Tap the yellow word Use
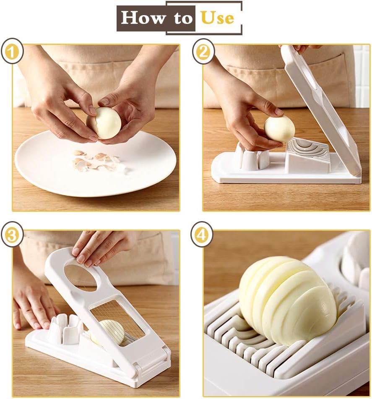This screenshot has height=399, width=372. click(217, 18)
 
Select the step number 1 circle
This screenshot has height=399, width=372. click(12, 51)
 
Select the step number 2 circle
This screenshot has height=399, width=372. click(203, 52)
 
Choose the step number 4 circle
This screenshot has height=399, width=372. click(202, 234)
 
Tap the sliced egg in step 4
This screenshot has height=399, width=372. click(288, 300)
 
